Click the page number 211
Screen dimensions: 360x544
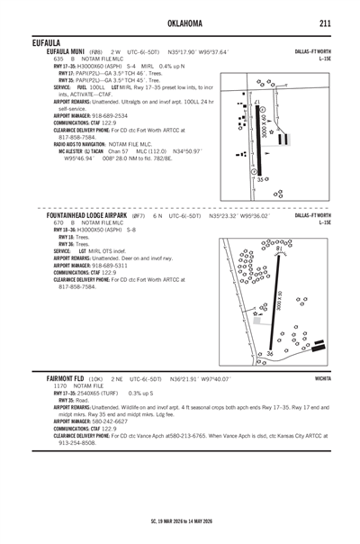[327, 23]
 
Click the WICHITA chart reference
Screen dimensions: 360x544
[323, 379]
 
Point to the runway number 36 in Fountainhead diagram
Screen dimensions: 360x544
[268, 354]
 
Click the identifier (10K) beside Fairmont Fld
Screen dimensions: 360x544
[96, 379]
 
